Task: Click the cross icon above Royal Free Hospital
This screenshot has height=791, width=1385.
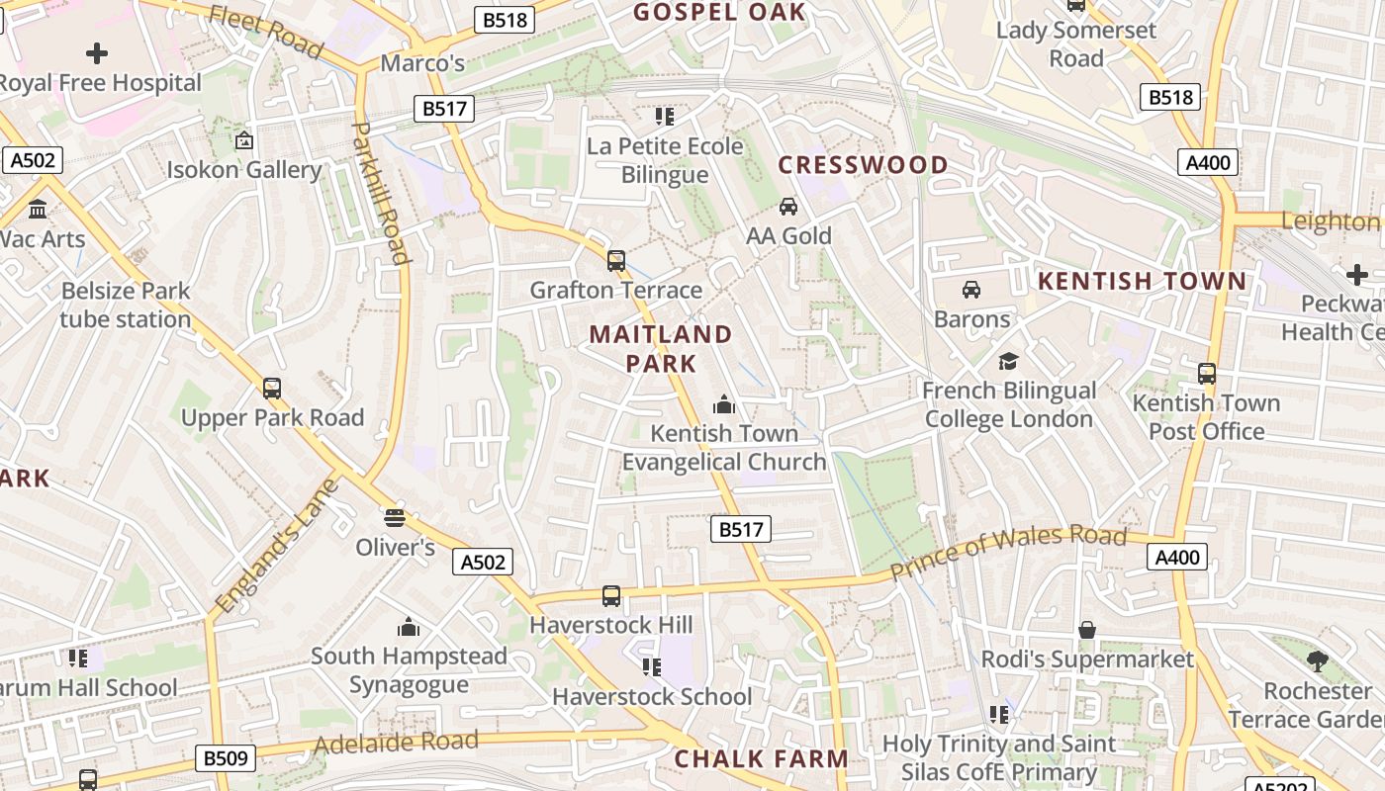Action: tap(97, 53)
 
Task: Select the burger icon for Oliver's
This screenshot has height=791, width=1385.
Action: tap(395, 517)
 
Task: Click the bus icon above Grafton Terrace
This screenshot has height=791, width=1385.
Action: tap(616, 261)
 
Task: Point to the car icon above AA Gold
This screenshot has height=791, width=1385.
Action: tap(788, 207)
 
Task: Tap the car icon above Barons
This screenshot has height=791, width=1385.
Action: tap(971, 290)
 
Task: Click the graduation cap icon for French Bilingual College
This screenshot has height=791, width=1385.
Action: tap(1008, 361)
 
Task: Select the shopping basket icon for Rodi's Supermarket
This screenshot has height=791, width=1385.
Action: tap(1087, 630)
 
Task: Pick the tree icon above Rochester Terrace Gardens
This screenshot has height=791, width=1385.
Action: tap(1317, 661)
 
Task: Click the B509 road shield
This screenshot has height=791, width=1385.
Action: tap(227, 758)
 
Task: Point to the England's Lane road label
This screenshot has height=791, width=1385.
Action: tap(277, 546)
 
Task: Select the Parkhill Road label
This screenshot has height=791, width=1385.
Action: tap(381, 193)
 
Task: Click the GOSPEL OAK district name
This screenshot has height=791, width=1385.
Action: tap(719, 12)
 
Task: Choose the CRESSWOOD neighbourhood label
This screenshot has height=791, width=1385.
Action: tap(864, 165)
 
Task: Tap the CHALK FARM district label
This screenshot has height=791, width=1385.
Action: tap(762, 759)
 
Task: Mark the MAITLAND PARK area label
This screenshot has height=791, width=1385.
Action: tap(661, 348)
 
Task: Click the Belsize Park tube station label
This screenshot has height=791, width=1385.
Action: tap(125, 306)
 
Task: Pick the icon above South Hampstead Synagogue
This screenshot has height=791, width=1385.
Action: tap(409, 627)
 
